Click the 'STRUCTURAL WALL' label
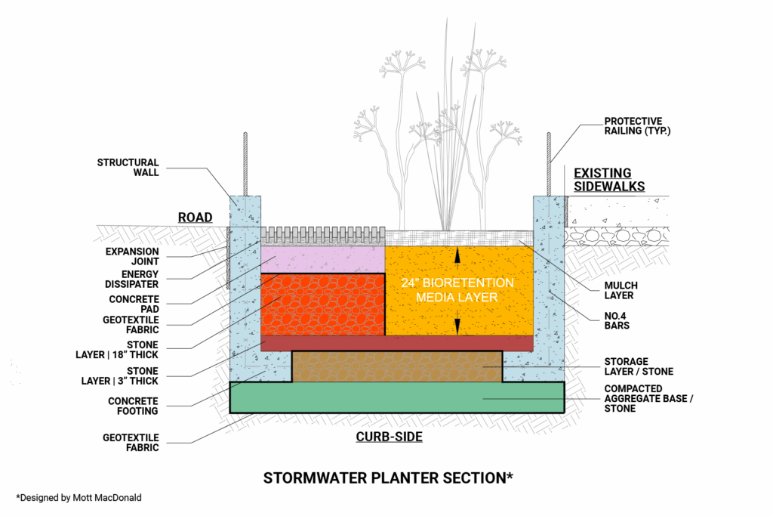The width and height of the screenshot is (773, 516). [x=128, y=167]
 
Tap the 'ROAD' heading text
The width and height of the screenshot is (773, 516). [x=195, y=218]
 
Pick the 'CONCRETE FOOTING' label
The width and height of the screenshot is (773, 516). [x=133, y=406]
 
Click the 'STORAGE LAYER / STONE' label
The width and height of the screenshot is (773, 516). [x=637, y=366]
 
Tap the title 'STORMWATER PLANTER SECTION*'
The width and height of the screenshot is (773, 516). [x=388, y=477]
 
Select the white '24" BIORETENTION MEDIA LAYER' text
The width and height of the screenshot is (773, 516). [x=458, y=289]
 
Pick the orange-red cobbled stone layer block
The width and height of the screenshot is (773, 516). [x=322, y=304]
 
